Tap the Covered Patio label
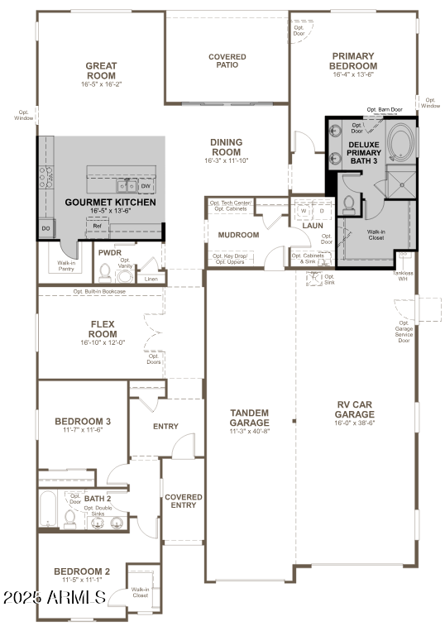tap(227, 62)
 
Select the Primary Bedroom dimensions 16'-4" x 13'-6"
tap(354, 74)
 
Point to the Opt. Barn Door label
tap(385, 109)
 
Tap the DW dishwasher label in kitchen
tap(145, 186)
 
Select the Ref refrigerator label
tap(97, 225)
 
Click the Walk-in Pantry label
tap(66, 266)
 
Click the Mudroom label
tap(238, 235)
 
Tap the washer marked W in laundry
tap(304, 211)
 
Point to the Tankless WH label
tap(402, 275)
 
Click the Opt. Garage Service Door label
tap(404, 332)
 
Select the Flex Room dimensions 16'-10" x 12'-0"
tap(103, 342)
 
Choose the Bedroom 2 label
tap(82, 571)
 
